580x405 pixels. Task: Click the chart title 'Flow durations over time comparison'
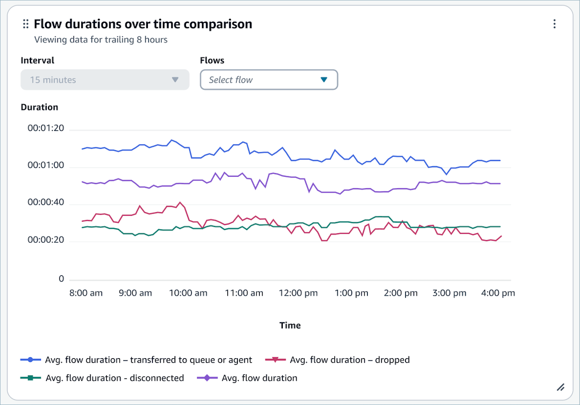pos(143,24)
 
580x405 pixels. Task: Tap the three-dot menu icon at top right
pos(554,24)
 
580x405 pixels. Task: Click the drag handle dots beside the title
pos(26,24)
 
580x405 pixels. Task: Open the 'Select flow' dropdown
pos(269,80)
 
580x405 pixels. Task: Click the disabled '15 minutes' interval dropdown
pos(105,80)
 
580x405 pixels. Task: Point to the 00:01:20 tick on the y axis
pos(45,129)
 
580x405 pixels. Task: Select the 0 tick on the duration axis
pos(61,279)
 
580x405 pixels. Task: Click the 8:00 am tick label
pos(85,293)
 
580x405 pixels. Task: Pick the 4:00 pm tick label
pos(498,293)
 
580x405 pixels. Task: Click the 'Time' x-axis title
pos(290,326)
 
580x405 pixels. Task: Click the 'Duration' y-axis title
pos(39,107)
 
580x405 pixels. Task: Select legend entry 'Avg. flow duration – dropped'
pos(349,360)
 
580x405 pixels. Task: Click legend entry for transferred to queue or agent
pos(148,360)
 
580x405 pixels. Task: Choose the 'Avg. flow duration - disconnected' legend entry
pos(114,378)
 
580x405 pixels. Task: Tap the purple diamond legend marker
pos(207,378)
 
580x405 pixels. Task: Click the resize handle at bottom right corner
pos(560,387)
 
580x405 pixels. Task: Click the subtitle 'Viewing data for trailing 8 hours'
pos(101,40)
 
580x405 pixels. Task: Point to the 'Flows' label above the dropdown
pos(212,61)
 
